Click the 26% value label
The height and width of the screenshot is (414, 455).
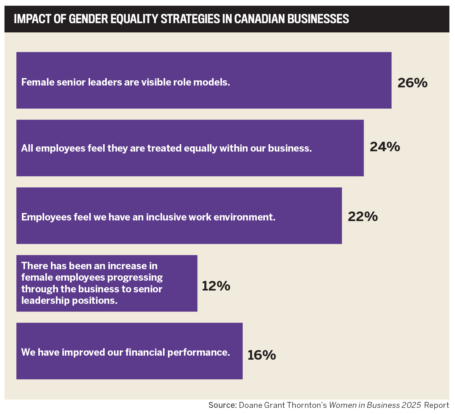click(x=412, y=83)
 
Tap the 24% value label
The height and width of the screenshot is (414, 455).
click(x=385, y=147)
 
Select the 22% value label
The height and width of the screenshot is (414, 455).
click(x=363, y=217)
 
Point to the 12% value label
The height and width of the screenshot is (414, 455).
click(x=216, y=286)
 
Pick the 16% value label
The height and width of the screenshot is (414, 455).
click(x=261, y=355)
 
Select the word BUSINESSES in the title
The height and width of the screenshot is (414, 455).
click(x=319, y=19)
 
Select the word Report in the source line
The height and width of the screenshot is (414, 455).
click(x=436, y=405)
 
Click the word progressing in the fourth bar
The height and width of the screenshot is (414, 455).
click(x=135, y=278)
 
